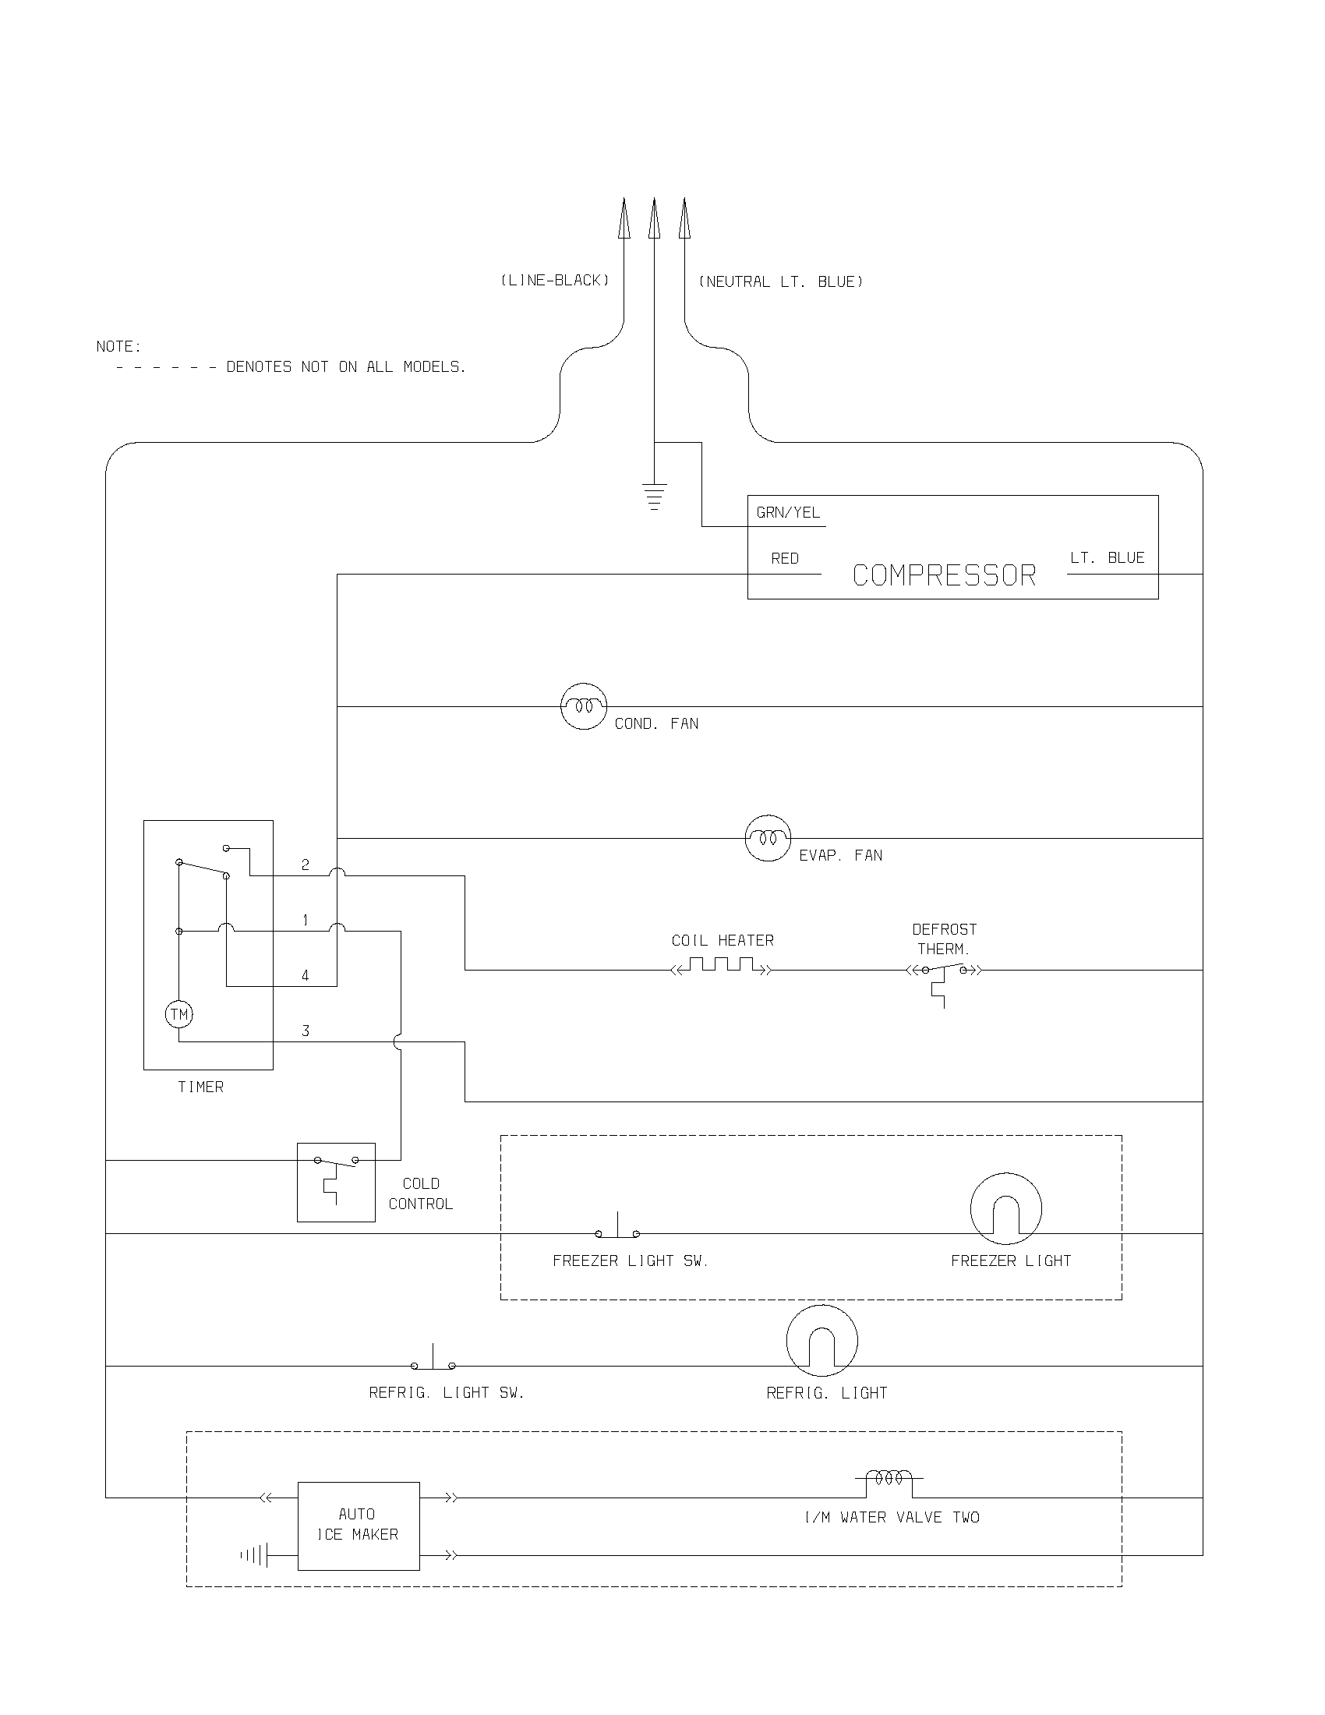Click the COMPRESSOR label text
point(944,575)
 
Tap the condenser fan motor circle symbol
point(583,706)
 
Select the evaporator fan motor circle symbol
point(767,838)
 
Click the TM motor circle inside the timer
point(179,1014)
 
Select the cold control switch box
point(336,1182)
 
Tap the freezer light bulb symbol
point(1005,1208)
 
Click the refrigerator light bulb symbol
point(821,1341)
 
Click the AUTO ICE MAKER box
point(358,1526)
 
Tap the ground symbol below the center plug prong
point(654,497)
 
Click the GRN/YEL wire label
point(787,513)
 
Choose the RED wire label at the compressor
point(784,558)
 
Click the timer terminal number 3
point(306,1031)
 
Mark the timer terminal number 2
point(306,865)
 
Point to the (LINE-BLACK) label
point(555,281)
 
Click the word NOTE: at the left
point(118,346)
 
